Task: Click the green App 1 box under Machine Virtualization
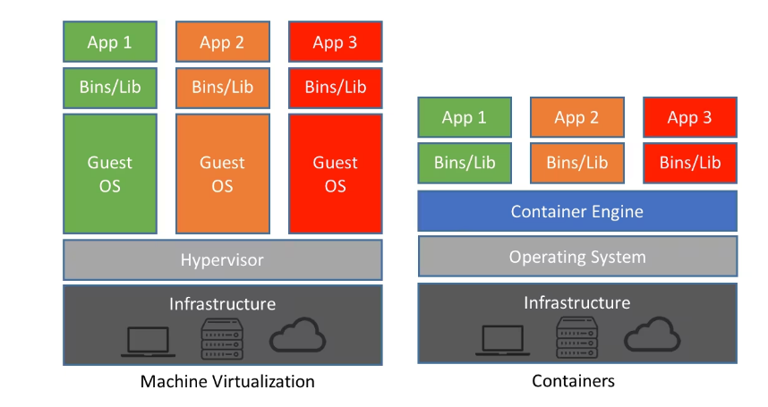tap(110, 41)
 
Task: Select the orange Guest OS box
tap(223, 174)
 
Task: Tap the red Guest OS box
tap(336, 174)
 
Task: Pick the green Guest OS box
tap(110, 174)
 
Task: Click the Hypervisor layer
tap(223, 259)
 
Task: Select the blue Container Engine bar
tap(577, 211)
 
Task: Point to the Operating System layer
tap(577, 257)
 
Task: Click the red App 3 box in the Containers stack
tap(690, 117)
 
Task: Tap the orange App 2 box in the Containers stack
tap(577, 117)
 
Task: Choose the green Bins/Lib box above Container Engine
tap(465, 163)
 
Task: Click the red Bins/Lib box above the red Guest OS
tap(336, 88)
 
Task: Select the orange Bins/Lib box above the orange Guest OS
tap(223, 88)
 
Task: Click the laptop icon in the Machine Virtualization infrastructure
tap(148, 341)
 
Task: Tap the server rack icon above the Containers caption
tap(577, 337)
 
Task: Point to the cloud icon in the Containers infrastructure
tap(652, 335)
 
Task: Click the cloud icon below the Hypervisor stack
tap(297, 335)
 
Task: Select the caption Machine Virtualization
tap(227, 382)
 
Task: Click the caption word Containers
tap(573, 381)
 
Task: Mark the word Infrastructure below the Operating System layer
tap(577, 303)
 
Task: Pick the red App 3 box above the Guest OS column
tap(336, 41)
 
